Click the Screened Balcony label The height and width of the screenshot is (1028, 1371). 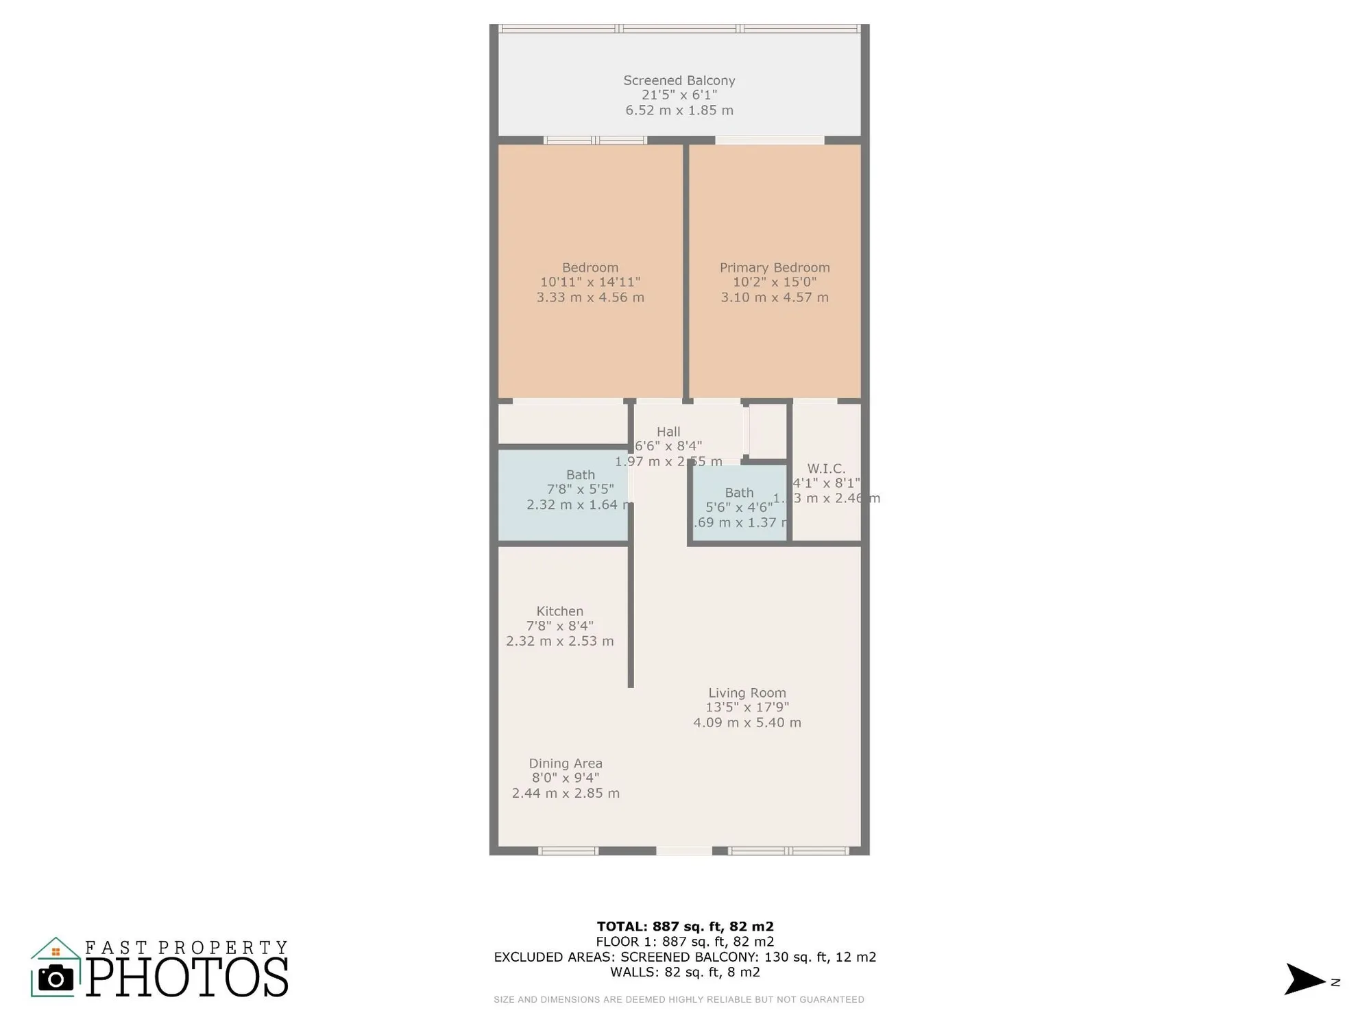coord(679,81)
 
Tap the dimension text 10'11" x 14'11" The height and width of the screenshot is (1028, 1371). coord(590,282)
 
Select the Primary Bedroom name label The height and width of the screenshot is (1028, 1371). coord(774,268)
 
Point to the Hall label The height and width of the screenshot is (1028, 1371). coord(668,432)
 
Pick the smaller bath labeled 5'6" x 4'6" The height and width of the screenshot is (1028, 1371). coord(738,507)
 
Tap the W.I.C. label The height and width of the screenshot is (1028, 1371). coord(825,469)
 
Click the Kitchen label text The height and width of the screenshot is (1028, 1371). coord(559,611)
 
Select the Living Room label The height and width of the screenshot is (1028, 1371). coord(747,693)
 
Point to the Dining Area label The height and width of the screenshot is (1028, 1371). coord(565,763)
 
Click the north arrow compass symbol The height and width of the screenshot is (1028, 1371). coord(1304,979)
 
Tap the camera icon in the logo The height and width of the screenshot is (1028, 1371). coord(56,978)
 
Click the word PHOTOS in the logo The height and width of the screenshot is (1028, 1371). coord(186,977)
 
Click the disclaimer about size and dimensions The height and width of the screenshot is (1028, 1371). coord(678,1000)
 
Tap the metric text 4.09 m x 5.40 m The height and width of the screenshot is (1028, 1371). coord(747,722)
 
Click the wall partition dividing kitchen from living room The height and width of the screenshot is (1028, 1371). coord(631,617)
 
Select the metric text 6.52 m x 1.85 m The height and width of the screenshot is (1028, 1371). coord(679,110)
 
